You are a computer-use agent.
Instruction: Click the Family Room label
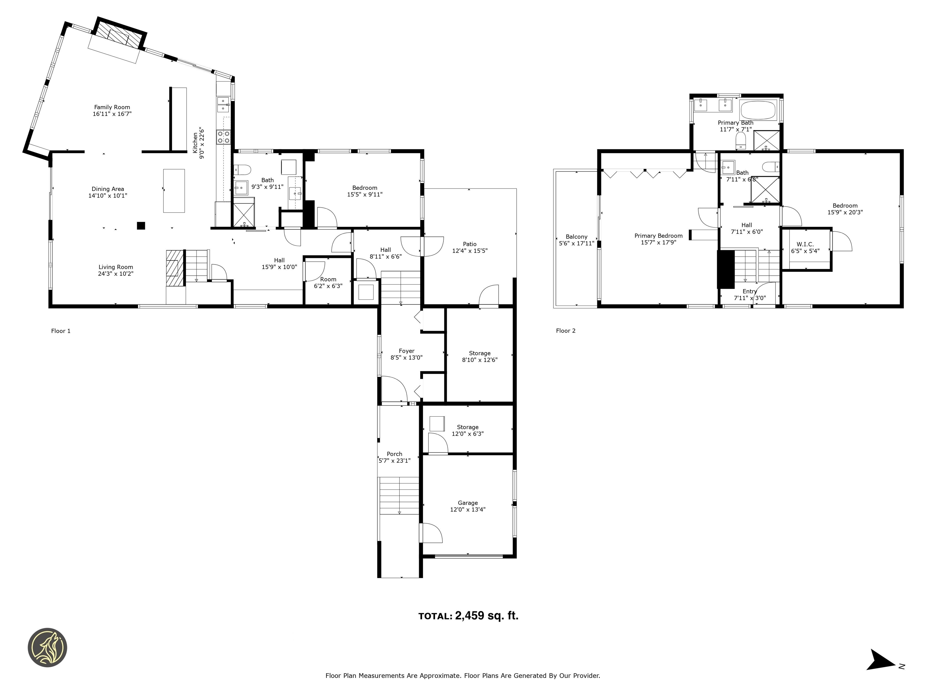[x=112, y=107]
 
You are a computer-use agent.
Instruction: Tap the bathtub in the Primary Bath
[x=758, y=110]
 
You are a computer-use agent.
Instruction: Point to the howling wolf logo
[x=47, y=647]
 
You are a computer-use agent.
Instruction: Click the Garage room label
[x=468, y=503]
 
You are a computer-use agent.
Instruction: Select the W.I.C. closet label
[x=805, y=244]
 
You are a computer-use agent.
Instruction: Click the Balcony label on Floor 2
[x=576, y=237]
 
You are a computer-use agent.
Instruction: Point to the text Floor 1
[x=61, y=331]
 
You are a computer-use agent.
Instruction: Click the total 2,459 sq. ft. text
[x=468, y=616]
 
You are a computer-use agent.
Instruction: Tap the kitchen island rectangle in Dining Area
[x=174, y=191]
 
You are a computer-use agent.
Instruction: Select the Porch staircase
[x=399, y=496]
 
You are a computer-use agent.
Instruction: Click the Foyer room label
[x=407, y=351]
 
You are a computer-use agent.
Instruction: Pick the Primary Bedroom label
[x=659, y=236]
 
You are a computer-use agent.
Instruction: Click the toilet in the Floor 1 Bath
[x=242, y=170]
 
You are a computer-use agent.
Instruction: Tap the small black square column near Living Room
[x=141, y=225]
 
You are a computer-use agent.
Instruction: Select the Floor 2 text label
[x=565, y=331]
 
